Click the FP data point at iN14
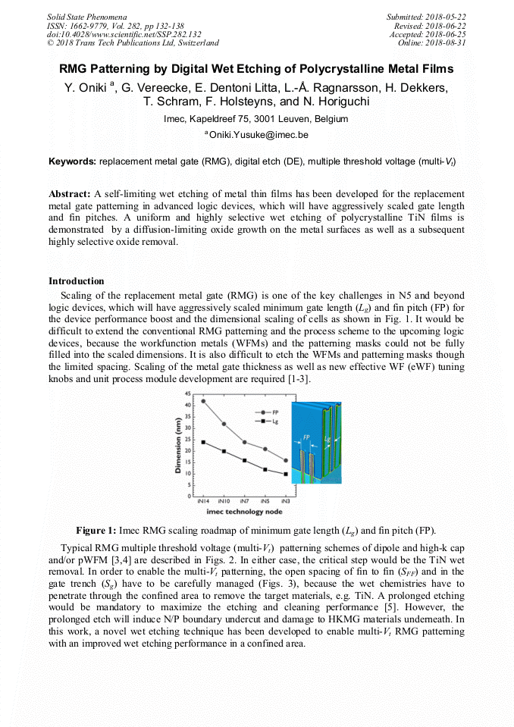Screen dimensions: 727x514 click(202, 400)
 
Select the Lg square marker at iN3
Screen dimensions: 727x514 click(285, 474)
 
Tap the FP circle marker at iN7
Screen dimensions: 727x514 click(244, 442)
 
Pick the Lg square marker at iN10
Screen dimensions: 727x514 click(224, 451)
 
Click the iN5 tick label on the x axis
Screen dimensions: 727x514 click(265, 502)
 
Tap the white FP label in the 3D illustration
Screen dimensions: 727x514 click(306, 437)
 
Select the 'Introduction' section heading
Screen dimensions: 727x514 click(76, 281)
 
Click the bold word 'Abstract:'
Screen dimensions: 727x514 click(70, 193)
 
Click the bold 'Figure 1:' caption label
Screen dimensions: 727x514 click(96, 530)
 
